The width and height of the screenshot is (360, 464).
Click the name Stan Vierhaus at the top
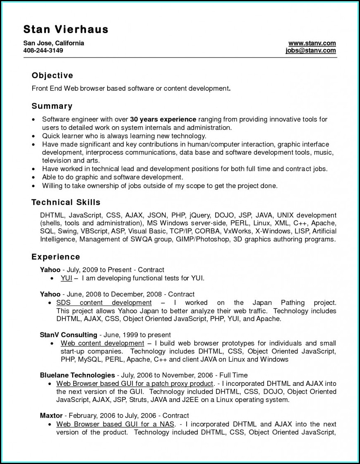pyautogui.click(x=66, y=29)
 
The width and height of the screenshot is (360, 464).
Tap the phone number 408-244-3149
pyautogui.click(x=43, y=50)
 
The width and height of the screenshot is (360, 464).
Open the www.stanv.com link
pyautogui.click(x=312, y=43)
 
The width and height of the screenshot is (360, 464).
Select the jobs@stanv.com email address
pyautogui.click(x=310, y=50)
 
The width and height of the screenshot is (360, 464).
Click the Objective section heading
pyautogui.click(x=53, y=76)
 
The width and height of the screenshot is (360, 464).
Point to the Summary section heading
pyautogui.click(x=52, y=106)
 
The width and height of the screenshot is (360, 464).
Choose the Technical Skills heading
pyautogui.click(x=66, y=202)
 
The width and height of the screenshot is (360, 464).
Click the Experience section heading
pyautogui.click(x=56, y=257)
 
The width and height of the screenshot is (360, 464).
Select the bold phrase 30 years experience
pyautogui.click(x=163, y=120)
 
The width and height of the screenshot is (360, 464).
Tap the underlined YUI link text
pyautogui.click(x=66, y=278)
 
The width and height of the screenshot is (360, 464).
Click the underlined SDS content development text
pyautogui.click(x=104, y=303)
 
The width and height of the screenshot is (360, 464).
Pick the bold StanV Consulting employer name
pyautogui.click(x=68, y=335)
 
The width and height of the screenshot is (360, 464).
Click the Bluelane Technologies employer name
pyautogui.click(x=77, y=375)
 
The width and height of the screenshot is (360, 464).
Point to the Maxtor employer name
pyautogui.click(x=51, y=415)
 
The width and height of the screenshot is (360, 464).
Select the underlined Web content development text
pyautogui.click(x=102, y=343)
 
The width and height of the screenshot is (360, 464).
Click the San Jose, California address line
pyautogui.click(x=54, y=43)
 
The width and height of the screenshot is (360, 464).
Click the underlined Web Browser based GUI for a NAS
pyautogui.click(x=116, y=424)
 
